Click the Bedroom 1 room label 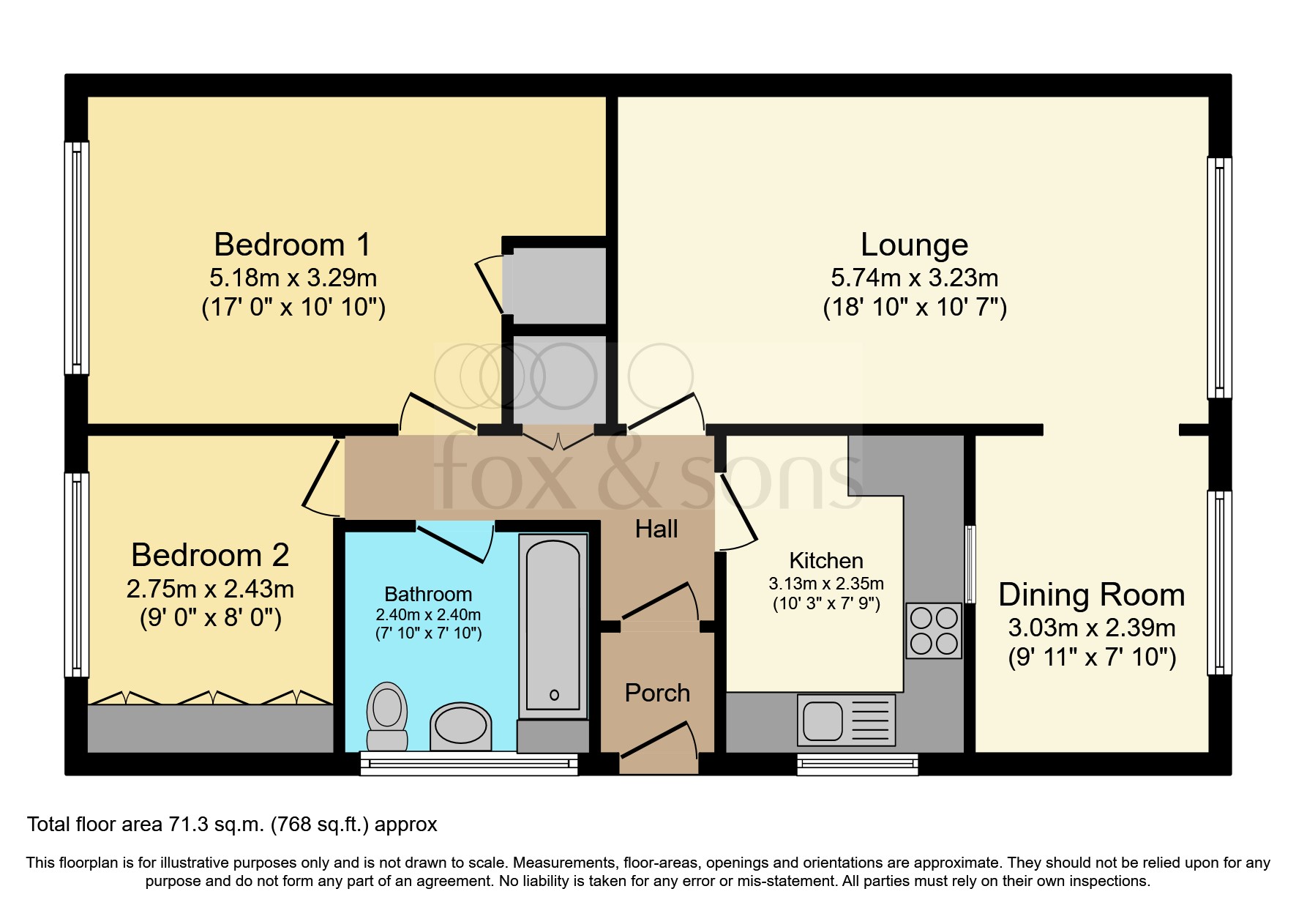pyautogui.click(x=292, y=245)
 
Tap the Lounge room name pyautogui.click(x=914, y=245)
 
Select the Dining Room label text pyautogui.click(x=1091, y=595)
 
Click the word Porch pyautogui.click(x=657, y=693)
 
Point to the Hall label pyautogui.click(x=656, y=529)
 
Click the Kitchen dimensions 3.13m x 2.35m pyautogui.click(x=826, y=584)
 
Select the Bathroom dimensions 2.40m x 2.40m pyautogui.click(x=428, y=615)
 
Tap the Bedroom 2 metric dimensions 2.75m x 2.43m pyautogui.click(x=210, y=589)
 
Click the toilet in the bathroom pyautogui.click(x=387, y=717)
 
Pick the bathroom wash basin pyautogui.click(x=460, y=726)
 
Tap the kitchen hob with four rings pyautogui.click(x=934, y=630)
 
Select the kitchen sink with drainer pyautogui.click(x=847, y=720)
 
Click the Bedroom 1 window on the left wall pyautogui.click(x=77, y=258)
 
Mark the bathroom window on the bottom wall pyautogui.click(x=469, y=764)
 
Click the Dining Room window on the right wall pyautogui.click(x=1219, y=582)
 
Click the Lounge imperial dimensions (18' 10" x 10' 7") pyautogui.click(x=915, y=307)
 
